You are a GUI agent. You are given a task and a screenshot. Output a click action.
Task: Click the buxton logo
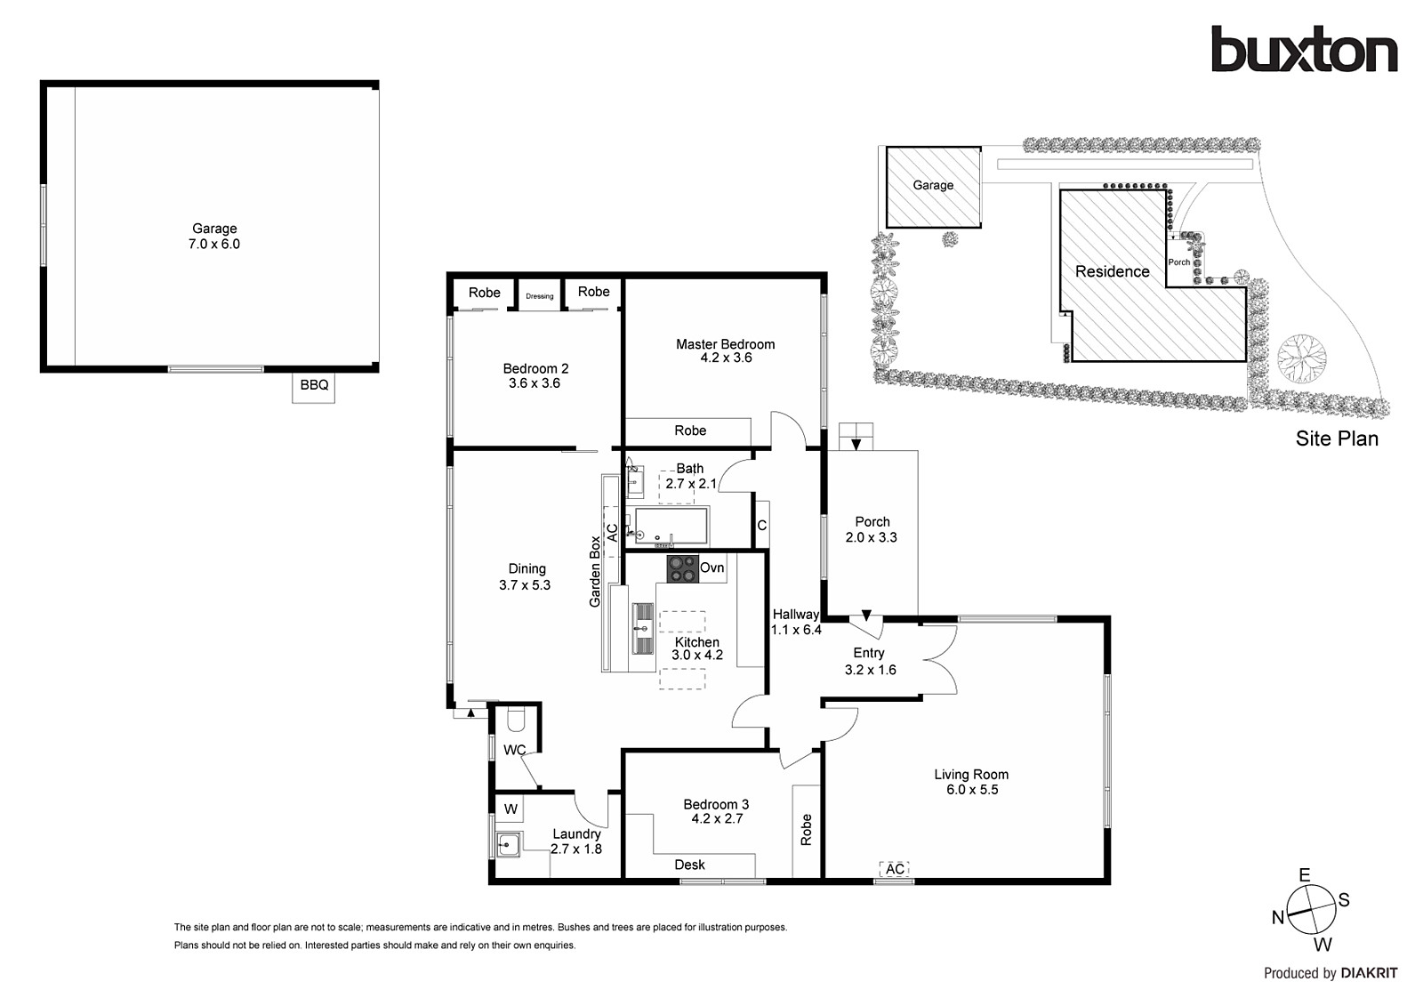tap(1304, 50)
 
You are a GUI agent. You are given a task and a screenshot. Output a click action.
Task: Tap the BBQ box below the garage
tap(314, 386)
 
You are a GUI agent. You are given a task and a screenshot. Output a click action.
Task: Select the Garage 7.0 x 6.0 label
tap(214, 236)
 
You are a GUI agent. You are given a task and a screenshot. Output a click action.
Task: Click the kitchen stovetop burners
tap(682, 569)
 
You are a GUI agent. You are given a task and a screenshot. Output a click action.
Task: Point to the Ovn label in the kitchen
tap(711, 568)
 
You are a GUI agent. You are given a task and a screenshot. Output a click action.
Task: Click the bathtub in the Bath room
tap(671, 525)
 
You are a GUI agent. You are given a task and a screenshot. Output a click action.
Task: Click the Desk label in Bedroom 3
tap(689, 865)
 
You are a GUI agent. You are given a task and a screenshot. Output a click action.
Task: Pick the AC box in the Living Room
tap(895, 869)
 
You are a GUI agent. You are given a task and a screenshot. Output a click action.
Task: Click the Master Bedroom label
tap(725, 350)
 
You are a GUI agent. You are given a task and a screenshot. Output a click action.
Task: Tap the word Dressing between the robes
tap(540, 296)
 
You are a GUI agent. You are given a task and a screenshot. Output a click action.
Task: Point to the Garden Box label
tap(596, 572)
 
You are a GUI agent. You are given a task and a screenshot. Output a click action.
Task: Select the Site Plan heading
tap(1336, 439)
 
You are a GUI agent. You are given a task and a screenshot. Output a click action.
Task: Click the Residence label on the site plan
tap(1112, 272)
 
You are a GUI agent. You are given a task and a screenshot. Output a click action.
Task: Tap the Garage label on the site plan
tap(933, 185)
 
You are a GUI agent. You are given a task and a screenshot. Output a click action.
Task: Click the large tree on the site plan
tap(1301, 356)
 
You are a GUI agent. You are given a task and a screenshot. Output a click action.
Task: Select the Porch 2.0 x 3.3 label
tap(872, 529)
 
